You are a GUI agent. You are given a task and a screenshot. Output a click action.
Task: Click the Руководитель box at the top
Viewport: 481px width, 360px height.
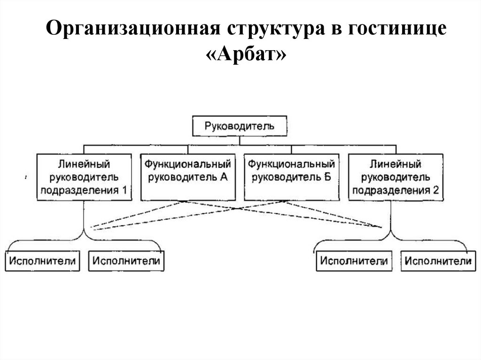[x=240, y=126]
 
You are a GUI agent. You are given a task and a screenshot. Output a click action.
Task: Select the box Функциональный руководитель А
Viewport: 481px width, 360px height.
[x=187, y=176]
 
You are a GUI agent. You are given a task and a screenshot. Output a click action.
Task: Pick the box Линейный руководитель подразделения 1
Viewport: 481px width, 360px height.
[x=84, y=176]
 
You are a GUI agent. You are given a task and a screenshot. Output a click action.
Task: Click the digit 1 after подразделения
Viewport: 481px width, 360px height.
[x=124, y=190]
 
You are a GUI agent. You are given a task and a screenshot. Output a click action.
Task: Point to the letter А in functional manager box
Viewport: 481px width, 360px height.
[x=224, y=177]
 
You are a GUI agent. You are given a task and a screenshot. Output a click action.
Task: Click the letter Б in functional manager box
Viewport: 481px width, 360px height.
[x=327, y=177]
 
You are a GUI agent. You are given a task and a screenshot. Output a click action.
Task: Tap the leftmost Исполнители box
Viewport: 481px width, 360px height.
[x=42, y=260]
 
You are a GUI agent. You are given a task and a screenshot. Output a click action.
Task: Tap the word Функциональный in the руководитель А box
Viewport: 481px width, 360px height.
[x=187, y=164]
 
